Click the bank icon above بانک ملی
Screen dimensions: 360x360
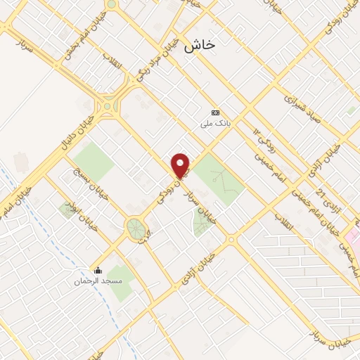pos(215,112)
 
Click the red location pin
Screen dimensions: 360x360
pos(181,165)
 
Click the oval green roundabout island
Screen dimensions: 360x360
pos(135,228)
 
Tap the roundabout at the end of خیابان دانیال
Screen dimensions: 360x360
pos(108,107)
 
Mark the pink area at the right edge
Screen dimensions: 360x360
pos(355,239)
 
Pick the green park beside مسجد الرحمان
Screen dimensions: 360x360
pos(121,281)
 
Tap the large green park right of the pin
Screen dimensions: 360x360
pos(219,179)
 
